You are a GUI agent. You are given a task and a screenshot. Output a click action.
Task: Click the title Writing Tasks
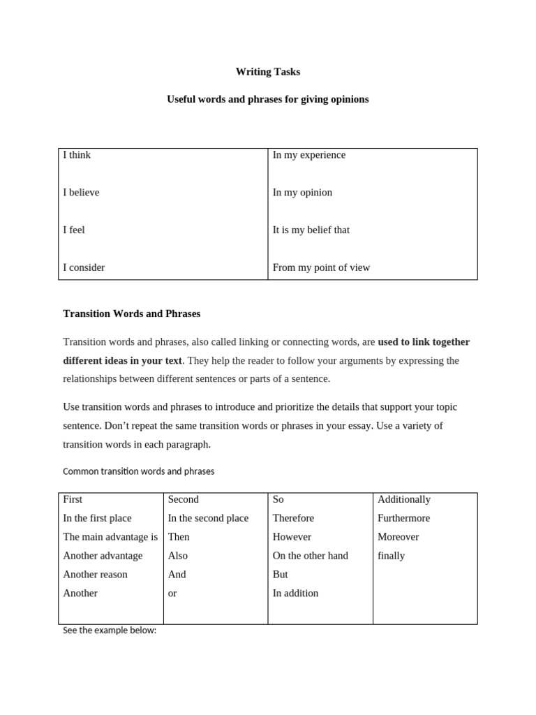click(x=268, y=72)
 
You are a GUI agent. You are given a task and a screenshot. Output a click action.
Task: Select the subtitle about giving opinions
click(x=268, y=99)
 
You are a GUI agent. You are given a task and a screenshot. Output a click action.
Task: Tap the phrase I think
click(x=77, y=155)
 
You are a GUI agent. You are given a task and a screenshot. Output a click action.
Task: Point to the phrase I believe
click(x=81, y=193)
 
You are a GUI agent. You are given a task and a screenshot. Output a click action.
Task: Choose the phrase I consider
click(x=84, y=267)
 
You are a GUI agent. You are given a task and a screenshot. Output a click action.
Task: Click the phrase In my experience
click(x=308, y=155)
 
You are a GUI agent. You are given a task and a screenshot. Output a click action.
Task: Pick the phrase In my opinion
click(x=302, y=193)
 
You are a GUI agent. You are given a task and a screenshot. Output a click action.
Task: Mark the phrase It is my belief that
click(x=311, y=230)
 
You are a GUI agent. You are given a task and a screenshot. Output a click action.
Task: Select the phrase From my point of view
click(x=321, y=267)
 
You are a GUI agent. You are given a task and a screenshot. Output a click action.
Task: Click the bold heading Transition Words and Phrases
click(x=131, y=314)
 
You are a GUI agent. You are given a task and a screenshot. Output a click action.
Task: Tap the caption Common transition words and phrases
click(x=138, y=471)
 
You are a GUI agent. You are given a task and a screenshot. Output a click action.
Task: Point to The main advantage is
click(x=110, y=537)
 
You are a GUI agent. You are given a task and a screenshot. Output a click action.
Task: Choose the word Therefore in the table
click(x=293, y=518)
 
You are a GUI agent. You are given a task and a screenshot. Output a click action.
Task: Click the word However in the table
click(x=292, y=537)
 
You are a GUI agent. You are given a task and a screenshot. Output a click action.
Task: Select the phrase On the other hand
click(x=310, y=556)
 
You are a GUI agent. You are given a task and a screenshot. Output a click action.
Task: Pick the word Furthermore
click(x=403, y=518)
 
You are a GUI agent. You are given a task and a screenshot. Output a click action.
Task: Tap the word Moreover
click(x=398, y=537)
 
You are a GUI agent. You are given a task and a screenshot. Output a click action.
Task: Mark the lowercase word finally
click(x=391, y=556)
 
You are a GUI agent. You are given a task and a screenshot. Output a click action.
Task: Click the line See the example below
click(x=110, y=631)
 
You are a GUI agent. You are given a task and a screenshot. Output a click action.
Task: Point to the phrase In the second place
click(x=208, y=518)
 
